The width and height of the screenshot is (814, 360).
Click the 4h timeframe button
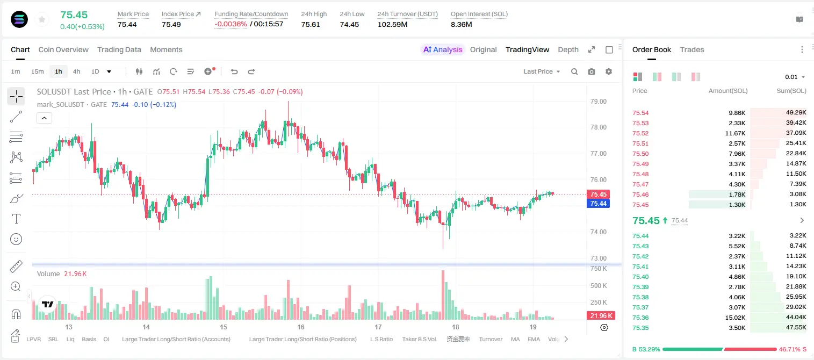point(76,71)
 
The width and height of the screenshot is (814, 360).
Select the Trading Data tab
point(119,50)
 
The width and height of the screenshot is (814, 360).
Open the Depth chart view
point(568,50)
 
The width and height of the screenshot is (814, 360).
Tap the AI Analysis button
point(443,50)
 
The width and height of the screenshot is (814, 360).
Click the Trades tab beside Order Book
point(692,50)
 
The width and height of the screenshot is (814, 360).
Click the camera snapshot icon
point(592,71)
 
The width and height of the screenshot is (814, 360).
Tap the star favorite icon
point(42,19)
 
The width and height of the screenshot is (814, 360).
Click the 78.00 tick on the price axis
point(598,127)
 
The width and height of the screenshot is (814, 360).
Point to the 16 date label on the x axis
point(300,327)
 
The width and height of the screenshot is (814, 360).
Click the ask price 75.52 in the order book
point(640,133)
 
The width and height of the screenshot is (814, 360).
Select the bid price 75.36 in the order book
point(640,318)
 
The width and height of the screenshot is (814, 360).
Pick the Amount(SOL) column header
point(728,91)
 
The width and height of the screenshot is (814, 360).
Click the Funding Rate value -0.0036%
point(230,24)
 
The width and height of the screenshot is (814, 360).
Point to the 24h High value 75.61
point(311,24)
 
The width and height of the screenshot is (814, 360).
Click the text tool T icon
point(16,219)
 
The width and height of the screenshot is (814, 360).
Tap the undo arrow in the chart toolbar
point(234,71)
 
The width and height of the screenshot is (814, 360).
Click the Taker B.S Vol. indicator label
point(419,339)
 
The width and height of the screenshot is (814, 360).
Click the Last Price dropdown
point(542,71)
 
